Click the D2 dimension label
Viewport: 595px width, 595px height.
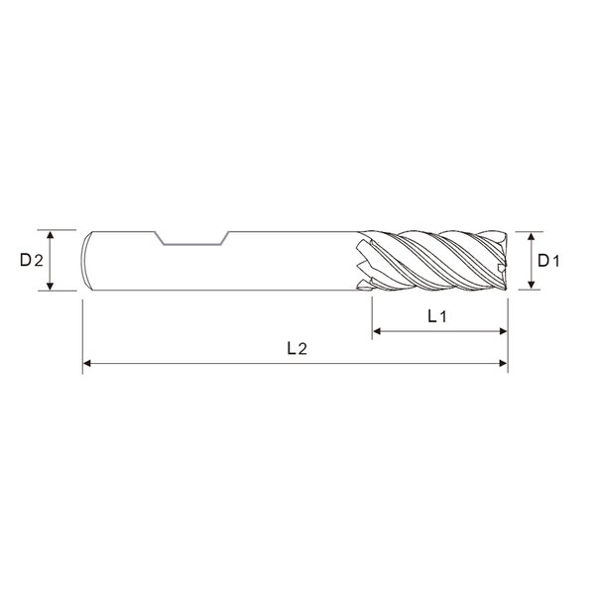(x=32, y=260)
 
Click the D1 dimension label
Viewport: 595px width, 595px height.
(x=548, y=261)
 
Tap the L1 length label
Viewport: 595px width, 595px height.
(x=437, y=316)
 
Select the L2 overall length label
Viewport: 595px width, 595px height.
(x=297, y=348)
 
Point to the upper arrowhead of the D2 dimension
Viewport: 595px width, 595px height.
(x=51, y=235)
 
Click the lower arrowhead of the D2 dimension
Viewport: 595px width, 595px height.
(x=51, y=286)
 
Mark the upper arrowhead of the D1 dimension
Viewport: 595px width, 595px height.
(x=532, y=237)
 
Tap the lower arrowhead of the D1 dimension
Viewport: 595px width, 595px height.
(x=532, y=285)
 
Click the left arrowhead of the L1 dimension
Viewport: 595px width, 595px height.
(x=377, y=331)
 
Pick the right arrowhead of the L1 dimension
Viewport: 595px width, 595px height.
(x=503, y=331)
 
